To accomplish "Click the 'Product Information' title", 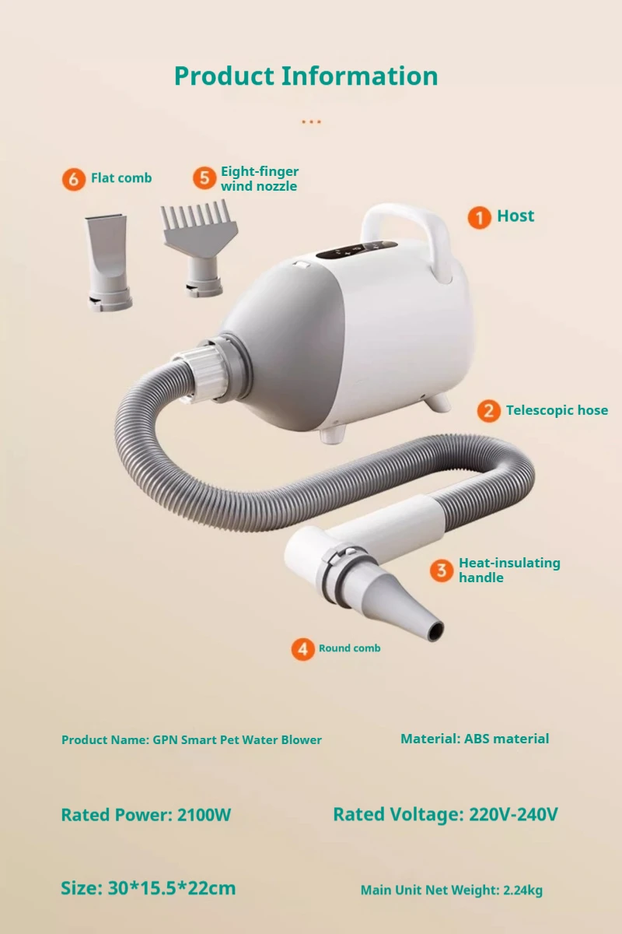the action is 306,76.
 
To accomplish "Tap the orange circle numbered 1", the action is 479,217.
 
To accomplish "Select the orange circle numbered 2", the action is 489,411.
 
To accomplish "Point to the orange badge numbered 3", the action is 442,570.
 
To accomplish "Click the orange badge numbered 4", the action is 303,649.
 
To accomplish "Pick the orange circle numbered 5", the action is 204,178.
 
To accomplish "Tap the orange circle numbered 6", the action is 74,179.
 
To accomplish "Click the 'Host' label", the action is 515,216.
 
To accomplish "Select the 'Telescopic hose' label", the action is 557,410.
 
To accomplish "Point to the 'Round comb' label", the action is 350,648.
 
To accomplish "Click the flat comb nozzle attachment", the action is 108,262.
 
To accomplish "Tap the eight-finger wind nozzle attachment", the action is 200,248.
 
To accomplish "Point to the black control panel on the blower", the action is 357,249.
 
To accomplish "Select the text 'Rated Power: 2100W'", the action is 146,815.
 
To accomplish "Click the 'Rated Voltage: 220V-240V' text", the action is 446,814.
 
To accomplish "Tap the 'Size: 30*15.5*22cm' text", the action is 149,888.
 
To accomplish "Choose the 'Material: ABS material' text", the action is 474,739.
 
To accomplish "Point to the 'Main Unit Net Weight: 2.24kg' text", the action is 452,890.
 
